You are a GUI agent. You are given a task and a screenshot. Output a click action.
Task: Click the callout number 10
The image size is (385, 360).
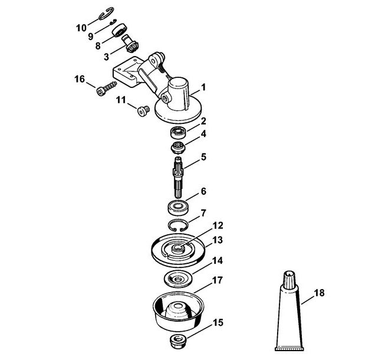pos(81,28)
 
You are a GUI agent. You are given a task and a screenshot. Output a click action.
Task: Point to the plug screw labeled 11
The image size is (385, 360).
pos(143,111)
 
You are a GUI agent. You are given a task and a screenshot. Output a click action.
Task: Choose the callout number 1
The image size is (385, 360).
pos(203,87)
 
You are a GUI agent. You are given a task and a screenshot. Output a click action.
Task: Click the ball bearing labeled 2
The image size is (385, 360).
pos(178,132)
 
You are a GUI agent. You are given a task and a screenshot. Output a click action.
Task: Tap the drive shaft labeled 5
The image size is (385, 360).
pos(179,176)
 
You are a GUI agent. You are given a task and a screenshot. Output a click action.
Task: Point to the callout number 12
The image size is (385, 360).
pos(218,225)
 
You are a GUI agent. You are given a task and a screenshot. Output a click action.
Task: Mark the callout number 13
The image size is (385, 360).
pos(218,240)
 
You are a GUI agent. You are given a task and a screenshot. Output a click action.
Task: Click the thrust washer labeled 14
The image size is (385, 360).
pos(178,279)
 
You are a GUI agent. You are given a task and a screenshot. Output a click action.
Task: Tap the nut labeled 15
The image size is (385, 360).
pos(178,341)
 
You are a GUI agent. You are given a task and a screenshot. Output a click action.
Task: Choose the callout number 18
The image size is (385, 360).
pos(319,293)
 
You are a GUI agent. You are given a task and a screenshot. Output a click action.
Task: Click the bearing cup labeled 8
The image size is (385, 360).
pos(120,30)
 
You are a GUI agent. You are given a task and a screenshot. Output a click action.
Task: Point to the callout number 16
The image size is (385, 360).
pos(80,79)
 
